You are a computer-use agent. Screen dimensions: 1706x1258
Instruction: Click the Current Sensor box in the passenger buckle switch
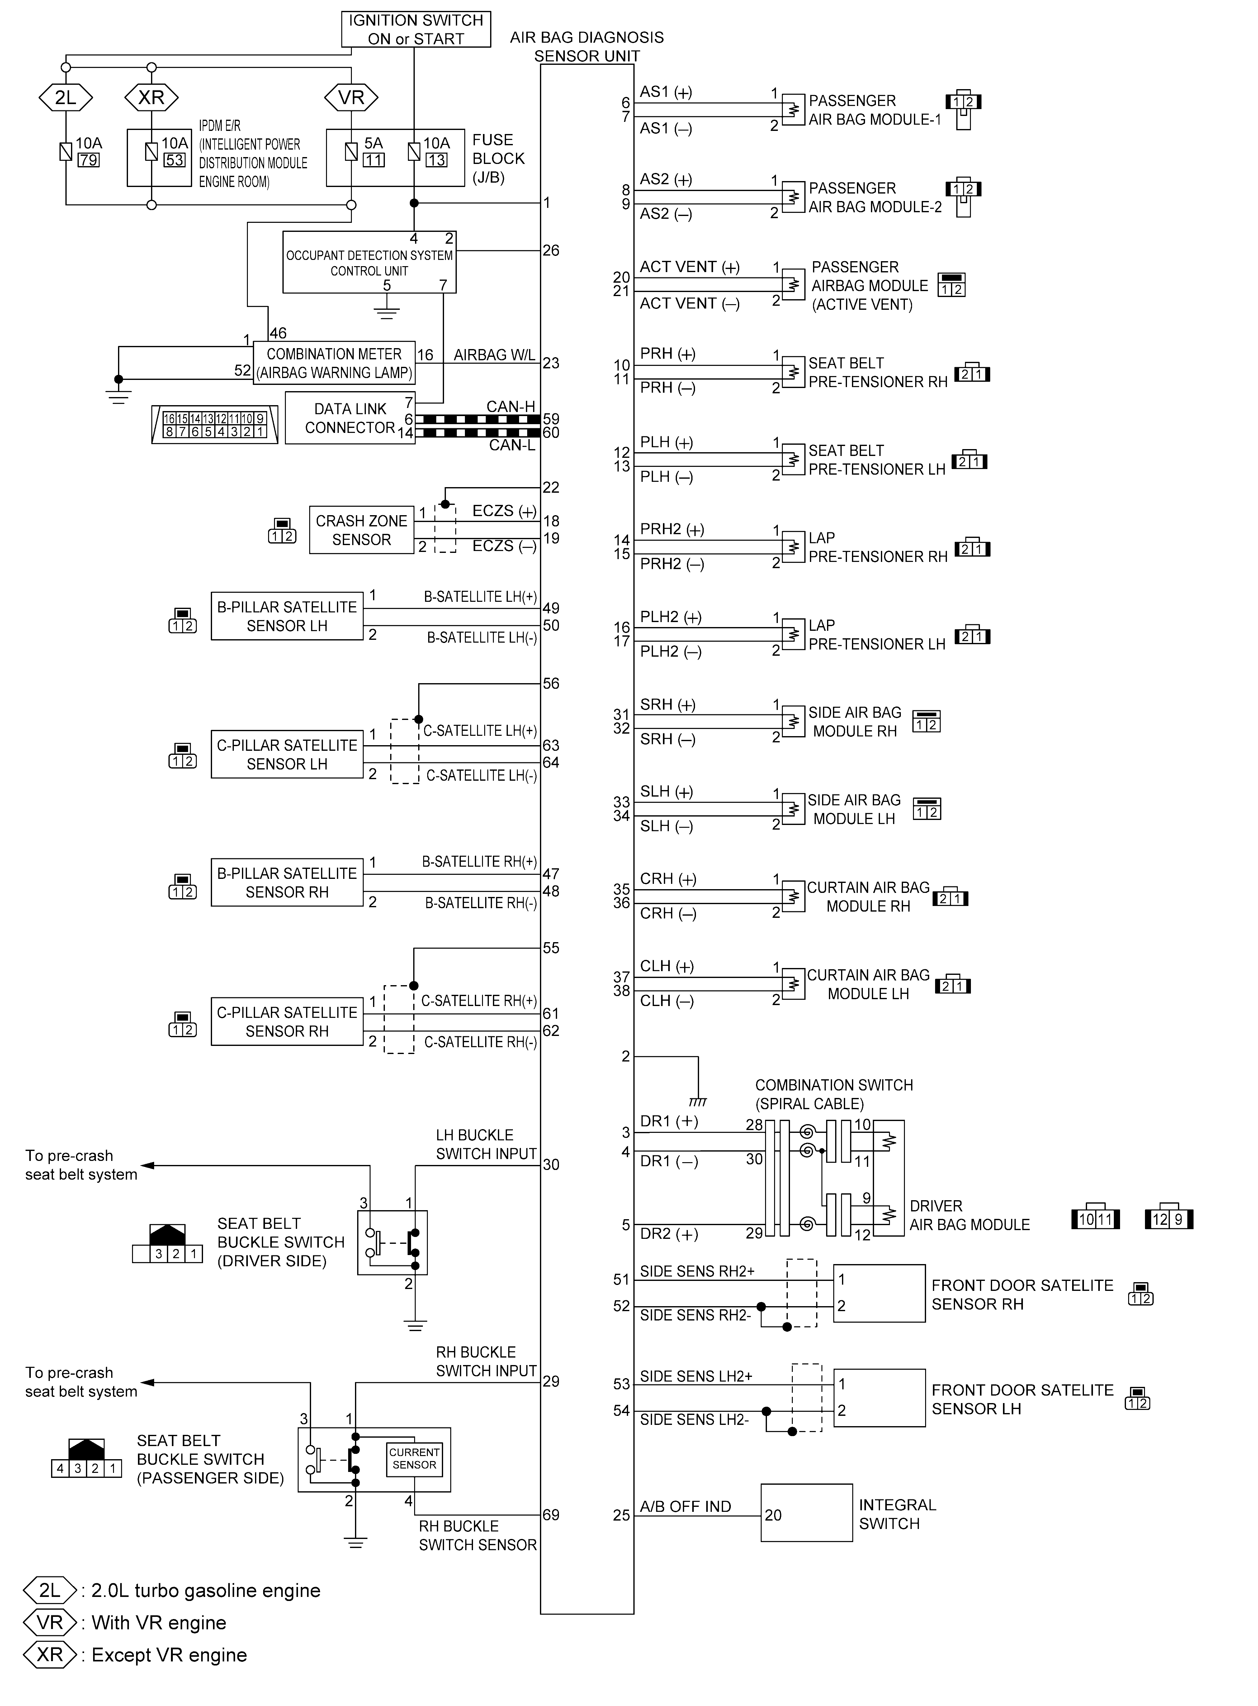pyautogui.click(x=414, y=1458)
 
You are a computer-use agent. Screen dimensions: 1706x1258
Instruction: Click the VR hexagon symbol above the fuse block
pyautogui.click(x=351, y=98)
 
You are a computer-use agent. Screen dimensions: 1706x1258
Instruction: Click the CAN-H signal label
pyautogui.click(x=511, y=407)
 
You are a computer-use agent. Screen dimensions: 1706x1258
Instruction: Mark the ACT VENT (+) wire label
pyautogui.click(x=689, y=267)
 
